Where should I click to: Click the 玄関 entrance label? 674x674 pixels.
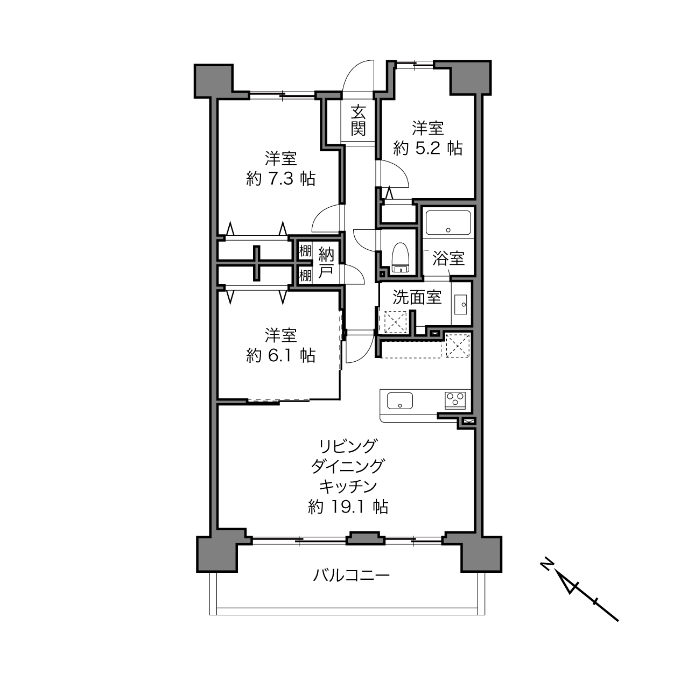tap(358, 121)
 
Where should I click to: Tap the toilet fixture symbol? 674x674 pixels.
tap(401, 257)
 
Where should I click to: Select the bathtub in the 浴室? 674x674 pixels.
tap(447, 222)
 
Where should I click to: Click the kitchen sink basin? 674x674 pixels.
tap(399, 401)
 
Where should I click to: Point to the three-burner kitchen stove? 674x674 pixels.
tap(455, 399)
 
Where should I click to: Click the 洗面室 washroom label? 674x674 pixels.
tap(417, 297)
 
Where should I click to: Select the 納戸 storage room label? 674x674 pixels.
tap(326, 263)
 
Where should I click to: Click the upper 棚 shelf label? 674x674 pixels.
tap(305, 251)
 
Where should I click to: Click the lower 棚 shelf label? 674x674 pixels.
tap(305, 276)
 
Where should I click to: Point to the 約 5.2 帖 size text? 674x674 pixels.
tap(427, 148)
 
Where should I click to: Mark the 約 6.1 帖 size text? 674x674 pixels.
tap(280, 355)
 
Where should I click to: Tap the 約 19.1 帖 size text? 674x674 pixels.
tap(348, 507)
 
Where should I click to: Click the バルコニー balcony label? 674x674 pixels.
tap(351, 575)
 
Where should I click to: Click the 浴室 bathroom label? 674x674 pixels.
tap(448, 258)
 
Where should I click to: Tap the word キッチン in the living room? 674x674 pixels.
tap(348, 486)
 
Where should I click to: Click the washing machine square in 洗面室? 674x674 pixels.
tap(395, 322)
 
